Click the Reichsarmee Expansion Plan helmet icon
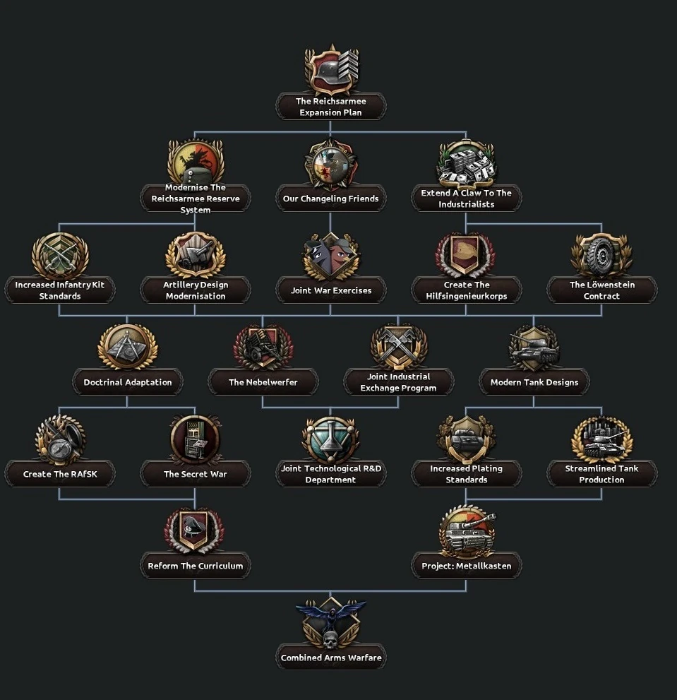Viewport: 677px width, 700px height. (x=330, y=71)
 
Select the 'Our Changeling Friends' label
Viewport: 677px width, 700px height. (x=330, y=198)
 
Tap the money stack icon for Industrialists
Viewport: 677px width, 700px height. (x=466, y=164)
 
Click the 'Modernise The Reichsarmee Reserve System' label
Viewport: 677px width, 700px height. (x=195, y=198)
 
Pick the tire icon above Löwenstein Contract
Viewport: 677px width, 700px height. (x=601, y=255)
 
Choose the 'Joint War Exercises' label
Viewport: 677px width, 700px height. (x=330, y=290)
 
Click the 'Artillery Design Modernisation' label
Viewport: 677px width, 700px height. (x=195, y=290)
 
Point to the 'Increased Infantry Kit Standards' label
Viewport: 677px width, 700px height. (x=60, y=290)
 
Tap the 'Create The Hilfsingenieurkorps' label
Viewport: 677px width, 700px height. (x=466, y=290)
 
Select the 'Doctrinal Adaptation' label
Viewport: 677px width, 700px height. (x=128, y=382)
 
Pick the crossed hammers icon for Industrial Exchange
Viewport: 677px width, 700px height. (x=398, y=346)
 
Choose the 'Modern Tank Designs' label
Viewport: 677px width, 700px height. (x=534, y=382)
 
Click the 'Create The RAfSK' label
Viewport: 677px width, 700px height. (x=60, y=474)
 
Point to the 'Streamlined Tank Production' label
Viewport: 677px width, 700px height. (x=601, y=474)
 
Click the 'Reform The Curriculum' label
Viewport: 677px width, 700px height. (x=195, y=566)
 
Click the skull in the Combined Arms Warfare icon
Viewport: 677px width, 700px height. (x=330, y=639)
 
